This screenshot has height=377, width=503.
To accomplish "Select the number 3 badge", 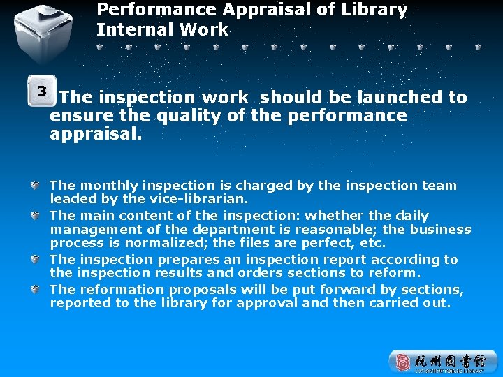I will (42, 91).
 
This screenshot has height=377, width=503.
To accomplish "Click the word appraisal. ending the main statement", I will (96, 133).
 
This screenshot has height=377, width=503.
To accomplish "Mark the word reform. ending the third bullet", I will (393, 273).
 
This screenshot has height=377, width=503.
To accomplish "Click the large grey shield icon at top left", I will (44, 33).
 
